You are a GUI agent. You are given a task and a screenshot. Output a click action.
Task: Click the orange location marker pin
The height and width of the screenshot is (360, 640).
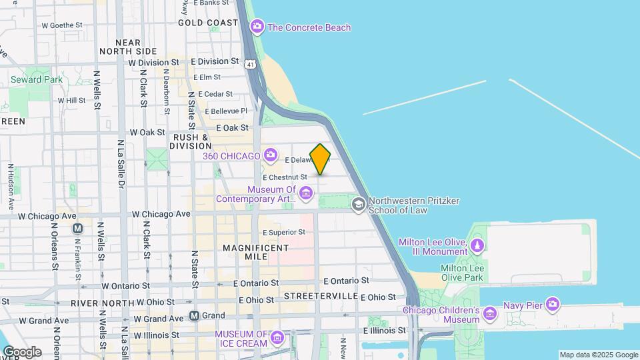point(321,159)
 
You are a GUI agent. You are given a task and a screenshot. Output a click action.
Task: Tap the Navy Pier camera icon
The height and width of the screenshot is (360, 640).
point(552,305)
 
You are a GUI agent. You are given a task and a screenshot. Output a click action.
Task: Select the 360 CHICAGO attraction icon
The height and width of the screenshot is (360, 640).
point(270,156)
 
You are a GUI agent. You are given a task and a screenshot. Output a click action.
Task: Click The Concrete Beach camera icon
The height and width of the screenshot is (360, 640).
point(257,27)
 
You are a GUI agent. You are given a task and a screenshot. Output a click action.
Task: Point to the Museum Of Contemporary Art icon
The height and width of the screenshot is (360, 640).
point(306,194)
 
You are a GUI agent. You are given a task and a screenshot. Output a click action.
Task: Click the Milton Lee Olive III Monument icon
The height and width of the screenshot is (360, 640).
point(477,247)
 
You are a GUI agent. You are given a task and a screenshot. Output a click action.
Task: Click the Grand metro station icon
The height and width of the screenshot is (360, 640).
point(195,315)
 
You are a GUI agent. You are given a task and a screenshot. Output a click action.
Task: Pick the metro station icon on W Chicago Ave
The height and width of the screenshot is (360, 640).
point(78,228)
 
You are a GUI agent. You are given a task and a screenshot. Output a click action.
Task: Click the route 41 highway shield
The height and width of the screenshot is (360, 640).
point(249,65)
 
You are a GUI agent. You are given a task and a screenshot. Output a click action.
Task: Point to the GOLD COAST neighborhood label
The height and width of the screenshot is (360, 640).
point(208,23)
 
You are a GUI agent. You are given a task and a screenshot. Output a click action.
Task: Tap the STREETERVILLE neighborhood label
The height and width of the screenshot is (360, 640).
point(321,295)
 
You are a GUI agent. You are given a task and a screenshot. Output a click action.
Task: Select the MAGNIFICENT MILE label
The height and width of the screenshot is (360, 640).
point(256,253)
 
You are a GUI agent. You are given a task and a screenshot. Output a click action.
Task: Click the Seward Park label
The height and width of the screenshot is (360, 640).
point(36,79)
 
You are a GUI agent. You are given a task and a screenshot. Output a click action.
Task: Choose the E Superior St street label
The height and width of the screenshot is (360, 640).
point(284,232)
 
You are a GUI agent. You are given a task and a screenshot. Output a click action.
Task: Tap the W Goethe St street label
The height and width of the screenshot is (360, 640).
point(61,25)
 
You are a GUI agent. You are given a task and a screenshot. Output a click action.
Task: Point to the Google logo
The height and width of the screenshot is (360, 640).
point(21,351)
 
